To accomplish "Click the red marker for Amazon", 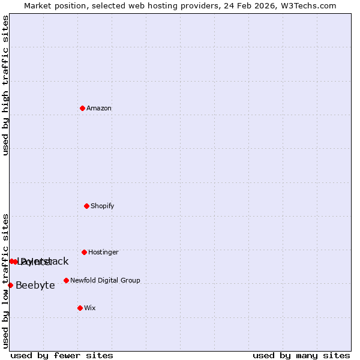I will click(82, 108).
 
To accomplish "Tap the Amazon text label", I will click(99, 109).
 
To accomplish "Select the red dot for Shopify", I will click(86, 206).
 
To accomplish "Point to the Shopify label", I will click(103, 206).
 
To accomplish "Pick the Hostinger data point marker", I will click(84, 252).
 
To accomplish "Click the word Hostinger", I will click(103, 253).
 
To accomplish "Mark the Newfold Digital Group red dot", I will click(66, 280).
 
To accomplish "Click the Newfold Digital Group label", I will click(105, 281).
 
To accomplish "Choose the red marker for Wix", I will click(80, 308).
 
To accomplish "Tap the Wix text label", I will click(90, 308).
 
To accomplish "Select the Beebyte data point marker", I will click(10, 285).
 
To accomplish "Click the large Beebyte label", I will click(35, 286).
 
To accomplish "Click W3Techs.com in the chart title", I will click(309, 6).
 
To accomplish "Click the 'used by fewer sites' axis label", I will click(62, 355).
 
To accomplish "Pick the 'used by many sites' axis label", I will click(301, 355).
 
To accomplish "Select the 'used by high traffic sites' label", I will click(5, 85).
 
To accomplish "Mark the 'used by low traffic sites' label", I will click(5, 281).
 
